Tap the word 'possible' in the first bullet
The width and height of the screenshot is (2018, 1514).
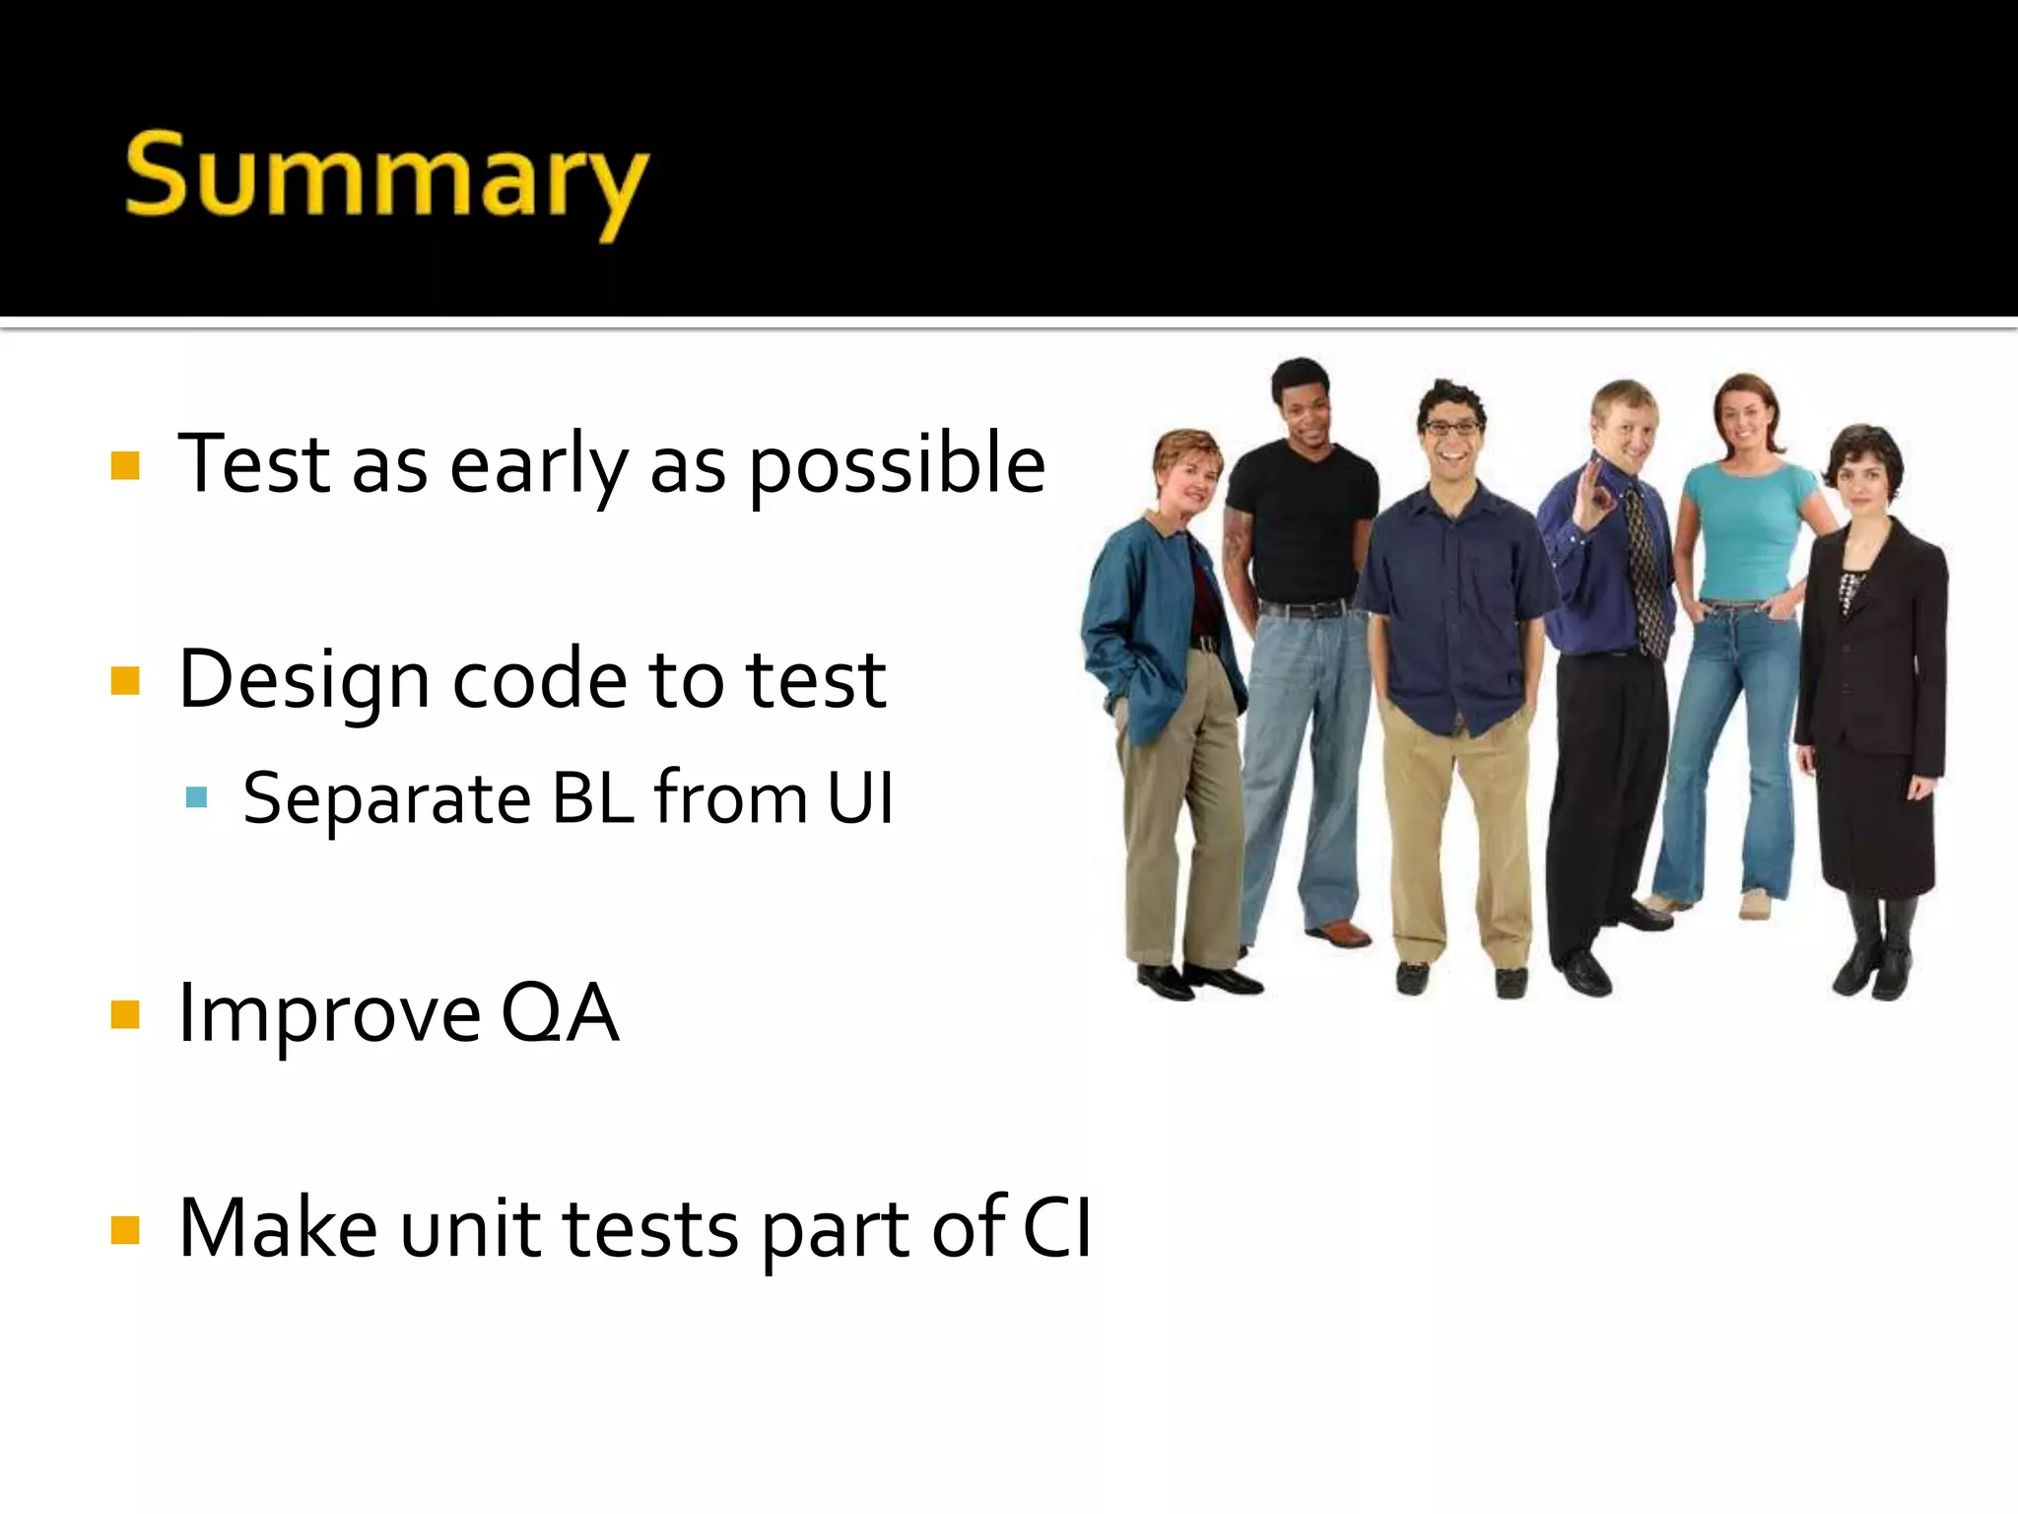(897, 465)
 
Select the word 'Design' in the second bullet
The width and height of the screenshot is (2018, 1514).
(303, 680)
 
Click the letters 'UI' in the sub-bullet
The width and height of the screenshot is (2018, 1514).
(860, 798)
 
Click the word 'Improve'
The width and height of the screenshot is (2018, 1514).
(329, 1015)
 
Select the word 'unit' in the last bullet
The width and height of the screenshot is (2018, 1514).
(471, 1230)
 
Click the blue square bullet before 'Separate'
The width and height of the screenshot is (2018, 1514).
(196, 797)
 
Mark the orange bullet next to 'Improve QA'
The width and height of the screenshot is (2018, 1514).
(125, 1014)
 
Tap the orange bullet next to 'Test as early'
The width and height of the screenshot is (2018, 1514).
(125, 465)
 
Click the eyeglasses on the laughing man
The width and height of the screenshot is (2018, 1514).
(1451, 428)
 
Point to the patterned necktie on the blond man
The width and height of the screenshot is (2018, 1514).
(1644, 572)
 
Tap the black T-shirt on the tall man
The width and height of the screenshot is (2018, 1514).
(1301, 522)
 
